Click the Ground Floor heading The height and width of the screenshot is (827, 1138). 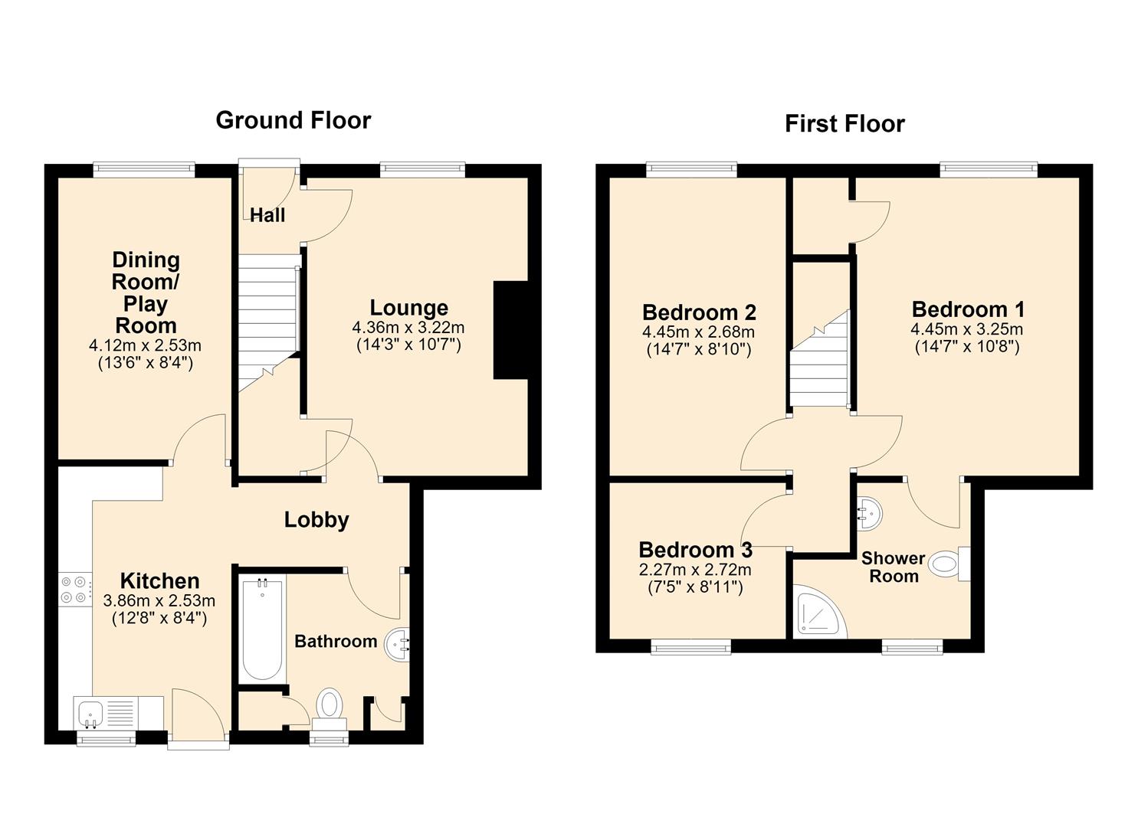(294, 120)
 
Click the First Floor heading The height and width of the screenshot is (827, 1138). (844, 124)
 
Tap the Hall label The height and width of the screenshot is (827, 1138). (267, 215)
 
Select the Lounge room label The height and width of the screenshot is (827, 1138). (409, 308)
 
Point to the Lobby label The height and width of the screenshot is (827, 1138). (316, 520)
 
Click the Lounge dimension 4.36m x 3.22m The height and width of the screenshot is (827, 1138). (408, 328)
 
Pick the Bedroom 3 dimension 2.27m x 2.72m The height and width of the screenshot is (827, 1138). (696, 570)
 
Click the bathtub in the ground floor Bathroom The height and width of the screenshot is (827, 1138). (262, 629)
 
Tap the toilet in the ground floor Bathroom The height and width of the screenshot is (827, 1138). (330, 711)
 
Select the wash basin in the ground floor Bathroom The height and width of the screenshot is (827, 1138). (397, 645)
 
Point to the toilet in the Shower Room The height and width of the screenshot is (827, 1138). (949, 564)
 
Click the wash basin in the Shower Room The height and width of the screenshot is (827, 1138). (870, 514)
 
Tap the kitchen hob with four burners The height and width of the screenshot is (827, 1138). (75, 590)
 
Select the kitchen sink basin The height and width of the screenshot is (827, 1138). (90, 713)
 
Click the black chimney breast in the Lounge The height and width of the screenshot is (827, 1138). (510, 331)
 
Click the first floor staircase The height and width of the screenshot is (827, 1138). (819, 358)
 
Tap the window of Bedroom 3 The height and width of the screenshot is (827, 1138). (690, 647)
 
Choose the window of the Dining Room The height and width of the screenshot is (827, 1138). (144, 169)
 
